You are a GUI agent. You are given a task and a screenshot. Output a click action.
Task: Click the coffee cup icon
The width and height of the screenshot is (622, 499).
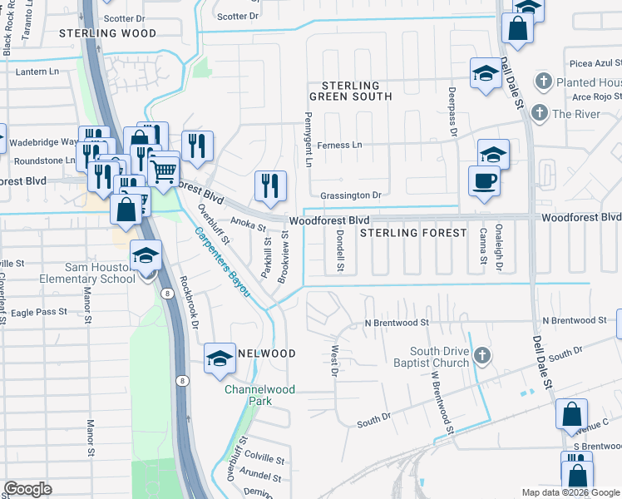click(484, 180)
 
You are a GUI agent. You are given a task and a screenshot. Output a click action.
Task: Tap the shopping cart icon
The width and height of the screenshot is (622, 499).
click(164, 172)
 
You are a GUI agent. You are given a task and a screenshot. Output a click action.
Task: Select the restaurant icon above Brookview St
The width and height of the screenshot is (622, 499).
click(270, 186)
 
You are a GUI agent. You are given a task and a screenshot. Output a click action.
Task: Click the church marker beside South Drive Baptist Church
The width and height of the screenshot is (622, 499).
click(481, 357)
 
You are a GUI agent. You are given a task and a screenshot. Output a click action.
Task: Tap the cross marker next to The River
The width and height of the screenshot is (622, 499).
click(539, 113)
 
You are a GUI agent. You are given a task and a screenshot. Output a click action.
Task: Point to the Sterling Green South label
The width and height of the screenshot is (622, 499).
click(351, 91)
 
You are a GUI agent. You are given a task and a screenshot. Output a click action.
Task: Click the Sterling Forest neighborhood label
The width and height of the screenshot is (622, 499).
click(413, 233)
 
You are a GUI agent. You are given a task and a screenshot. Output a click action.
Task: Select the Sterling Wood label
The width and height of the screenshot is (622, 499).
click(108, 33)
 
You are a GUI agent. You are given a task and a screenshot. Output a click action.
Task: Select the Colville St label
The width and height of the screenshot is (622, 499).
click(264, 459)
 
